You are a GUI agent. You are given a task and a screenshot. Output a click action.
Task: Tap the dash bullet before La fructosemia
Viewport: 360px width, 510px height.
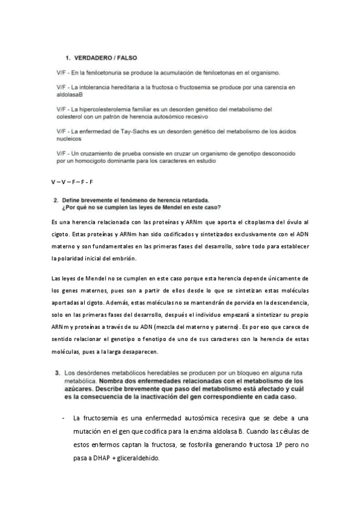(63, 418)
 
